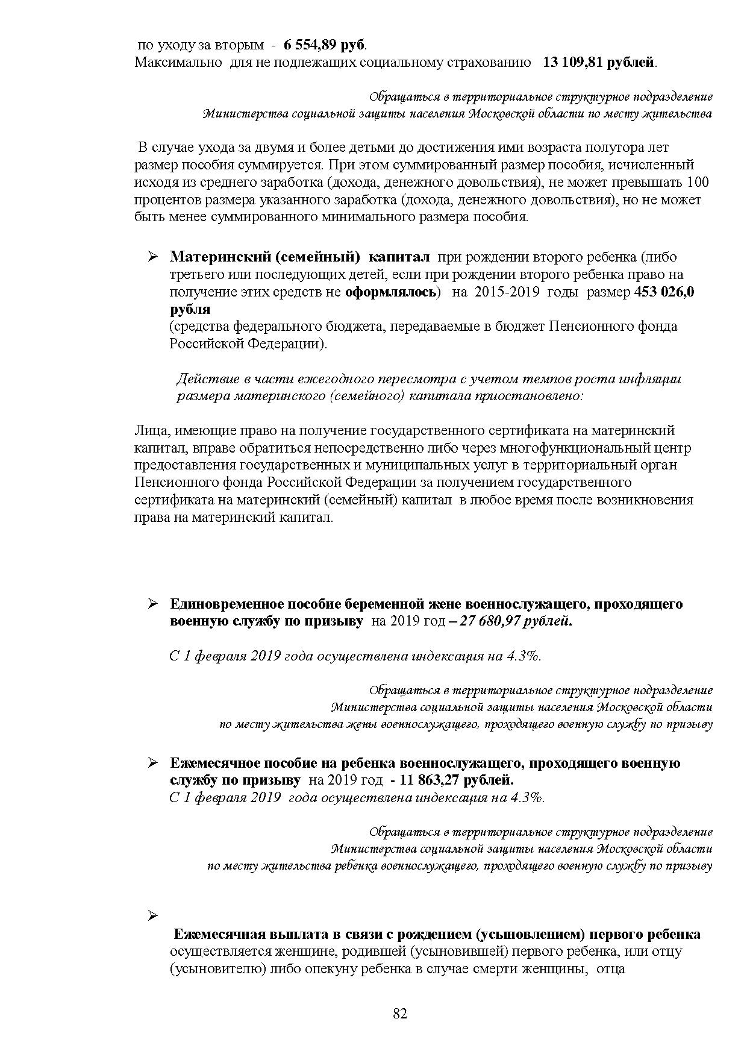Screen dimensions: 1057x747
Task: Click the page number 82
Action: [400, 1014]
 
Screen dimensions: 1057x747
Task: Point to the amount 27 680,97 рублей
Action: [516, 621]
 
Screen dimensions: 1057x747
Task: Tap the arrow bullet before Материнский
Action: [153, 257]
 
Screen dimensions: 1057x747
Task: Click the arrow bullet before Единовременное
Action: [153, 604]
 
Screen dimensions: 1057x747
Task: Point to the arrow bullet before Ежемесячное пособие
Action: [153, 763]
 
